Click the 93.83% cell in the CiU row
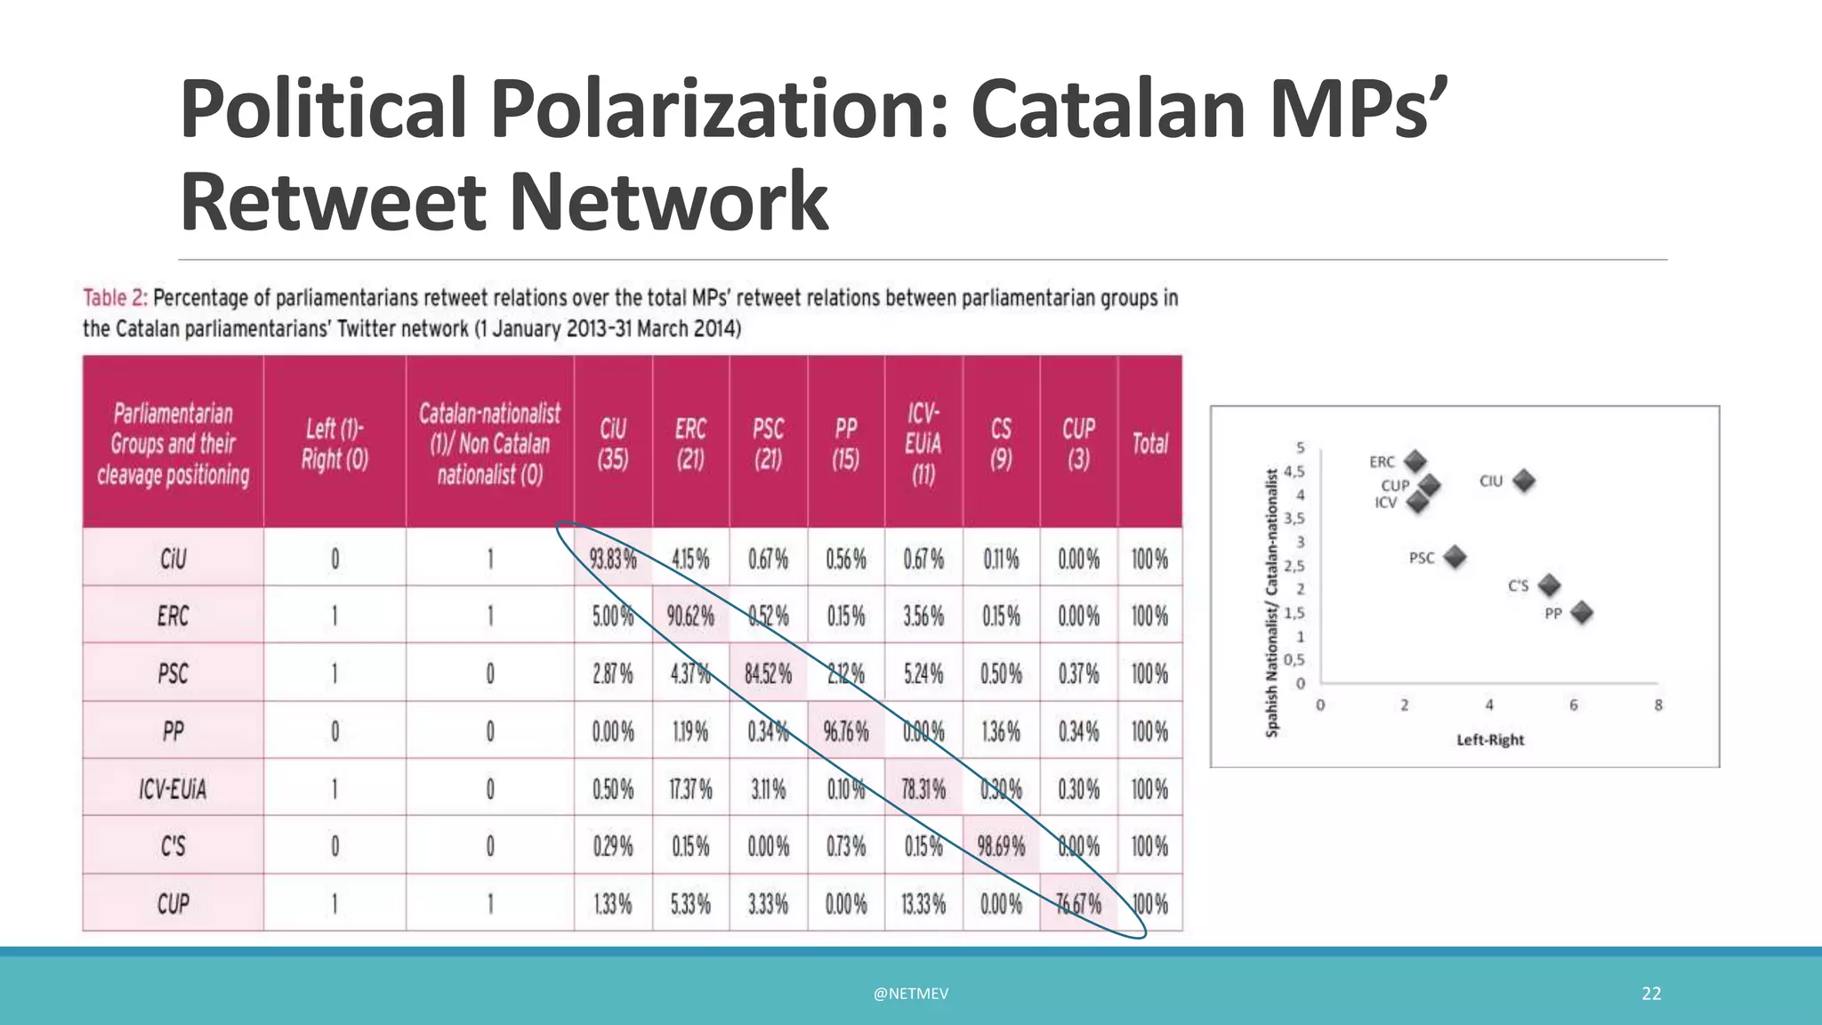(x=613, y=559)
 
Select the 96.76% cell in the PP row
(x=846, y=731)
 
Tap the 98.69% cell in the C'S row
(x=1001, y=845)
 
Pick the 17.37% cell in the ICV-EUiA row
(x=690, y=789)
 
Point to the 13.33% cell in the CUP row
(x=923, y=904)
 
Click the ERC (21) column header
(x=690, y=443)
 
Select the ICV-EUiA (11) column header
(x=923, y=443)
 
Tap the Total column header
(x=1149, y=443)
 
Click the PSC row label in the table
(x=173, y=674)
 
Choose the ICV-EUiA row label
(x=173, y=789)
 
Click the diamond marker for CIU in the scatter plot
(x=1524, y=481)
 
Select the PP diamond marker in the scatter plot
(x=1582, y=613)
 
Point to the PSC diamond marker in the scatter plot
(x=1455, y=558)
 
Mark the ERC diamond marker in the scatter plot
(x=1415, y=462)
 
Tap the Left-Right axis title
(x=1490, y=739)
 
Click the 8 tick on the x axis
(x=1658, y=706)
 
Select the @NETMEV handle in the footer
(x=911, y=994)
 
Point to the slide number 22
(x=1651, y=994)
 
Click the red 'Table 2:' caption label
(x=116, y=298)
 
